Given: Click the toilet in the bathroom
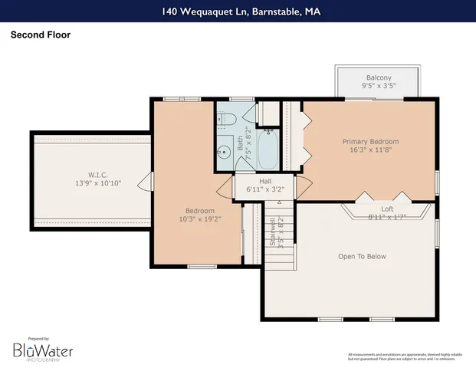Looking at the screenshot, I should tap(230, 119).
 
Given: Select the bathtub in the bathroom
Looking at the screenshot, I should tap(269, 149).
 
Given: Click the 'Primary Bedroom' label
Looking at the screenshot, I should tap(370, 142).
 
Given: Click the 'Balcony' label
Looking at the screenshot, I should tap(378, 77).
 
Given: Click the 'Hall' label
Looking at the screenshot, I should tap(264, 180).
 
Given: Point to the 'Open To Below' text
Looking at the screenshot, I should tap(362, 257).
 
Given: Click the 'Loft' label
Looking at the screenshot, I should tap(387, 209).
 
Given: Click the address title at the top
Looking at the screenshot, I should tap(238, 11).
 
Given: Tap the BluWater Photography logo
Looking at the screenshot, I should tap(42, 350).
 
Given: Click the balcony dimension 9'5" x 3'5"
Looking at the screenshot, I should tap(378, 87).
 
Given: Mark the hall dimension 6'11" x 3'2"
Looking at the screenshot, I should tap(264, 189).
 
